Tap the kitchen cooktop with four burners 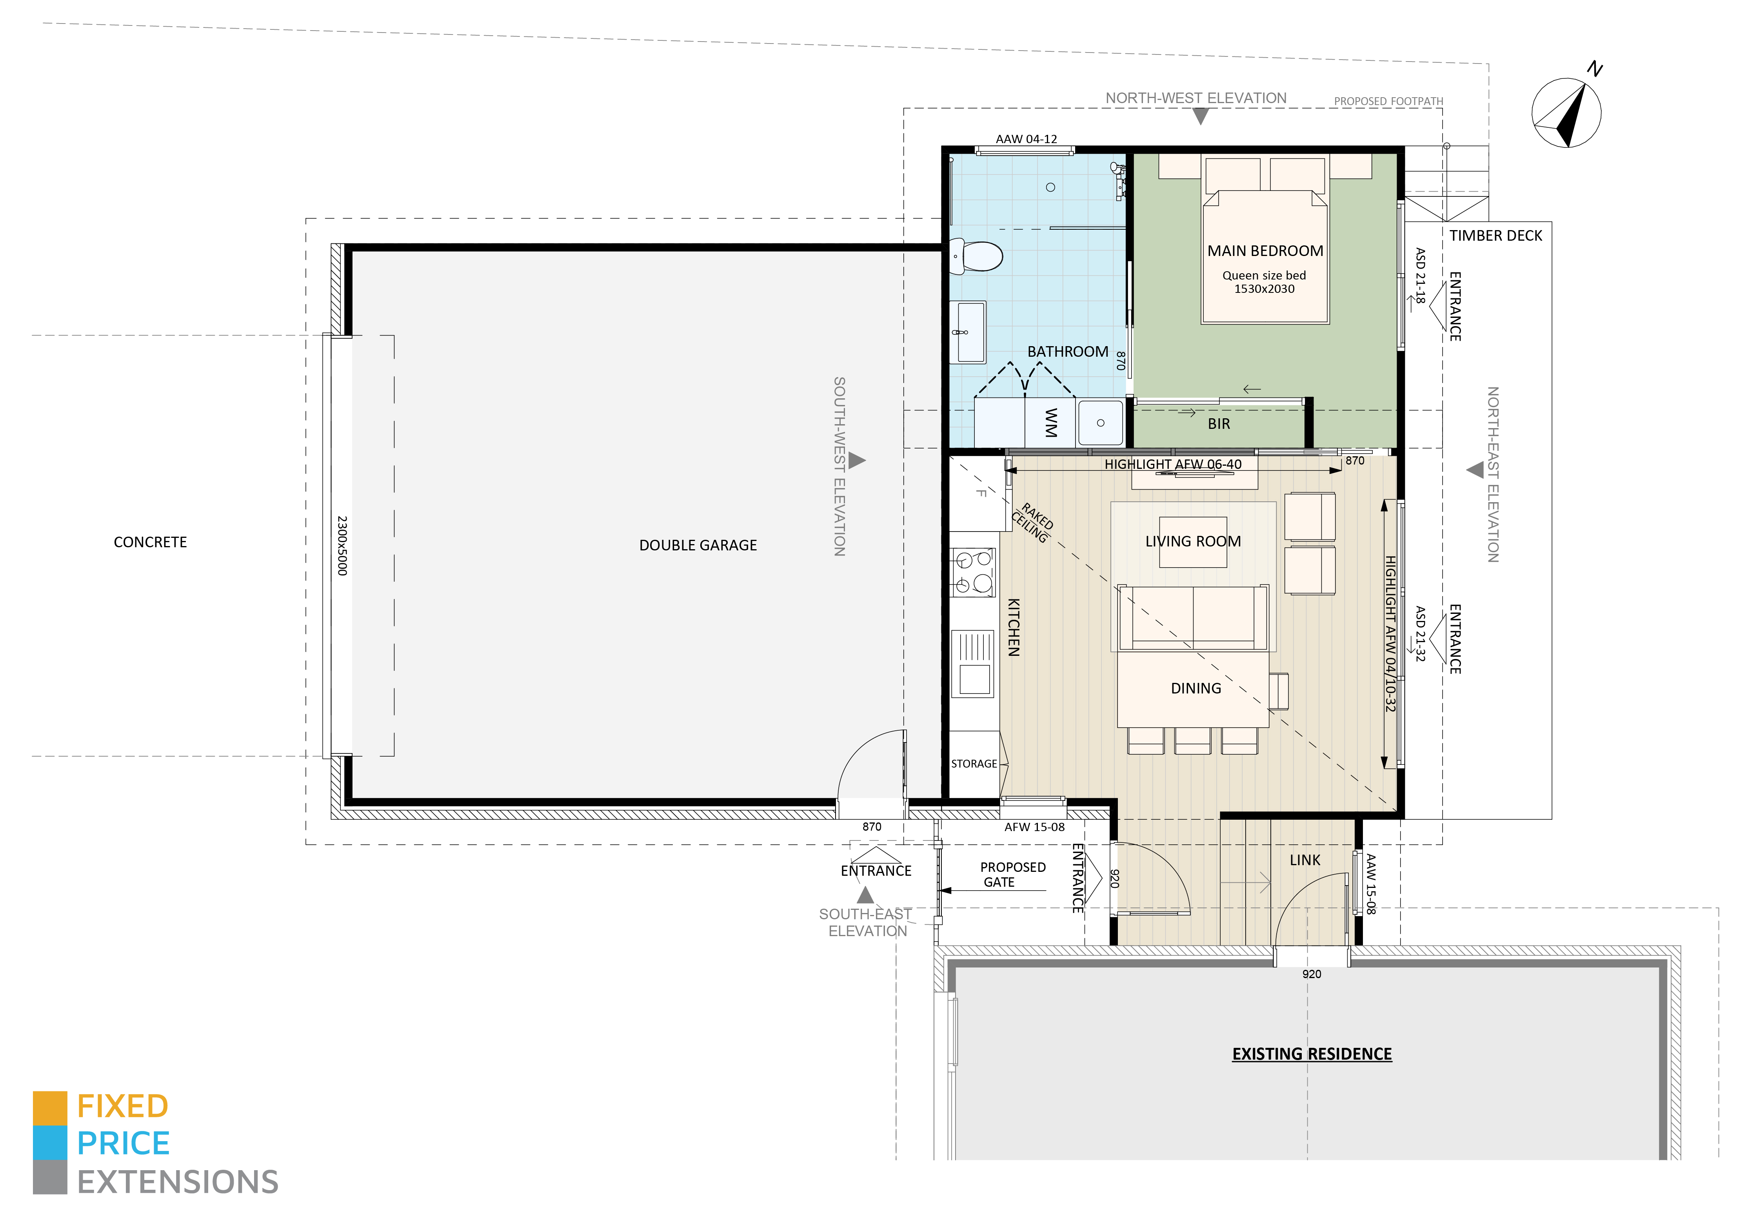point(973,572)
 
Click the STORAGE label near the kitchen point(974,763)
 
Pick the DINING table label point(1195,688)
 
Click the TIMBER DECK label point(1495,236)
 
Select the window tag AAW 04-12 point(1026,139)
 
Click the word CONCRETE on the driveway point(150,542)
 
